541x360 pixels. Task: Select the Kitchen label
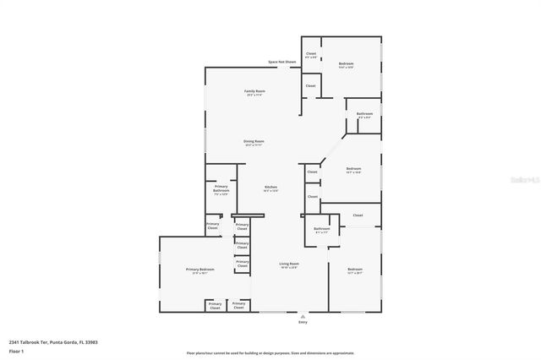coord(270,187)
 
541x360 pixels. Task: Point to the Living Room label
coord(289,264)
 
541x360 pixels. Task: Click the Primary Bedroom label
coord(200,269)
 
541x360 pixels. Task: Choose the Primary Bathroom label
coord(221,188)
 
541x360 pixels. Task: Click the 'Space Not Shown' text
coord(282,62)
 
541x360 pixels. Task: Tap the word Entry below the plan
coord(303,322)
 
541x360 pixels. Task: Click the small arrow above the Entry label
coord(303,316)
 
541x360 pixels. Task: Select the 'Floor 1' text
coord(16,351)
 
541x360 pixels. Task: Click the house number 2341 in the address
coord(14,342)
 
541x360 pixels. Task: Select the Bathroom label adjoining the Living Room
coord(322,228)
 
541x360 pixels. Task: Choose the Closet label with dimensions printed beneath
coord(311,53)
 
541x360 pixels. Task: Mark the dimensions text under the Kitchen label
coord(270,191)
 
